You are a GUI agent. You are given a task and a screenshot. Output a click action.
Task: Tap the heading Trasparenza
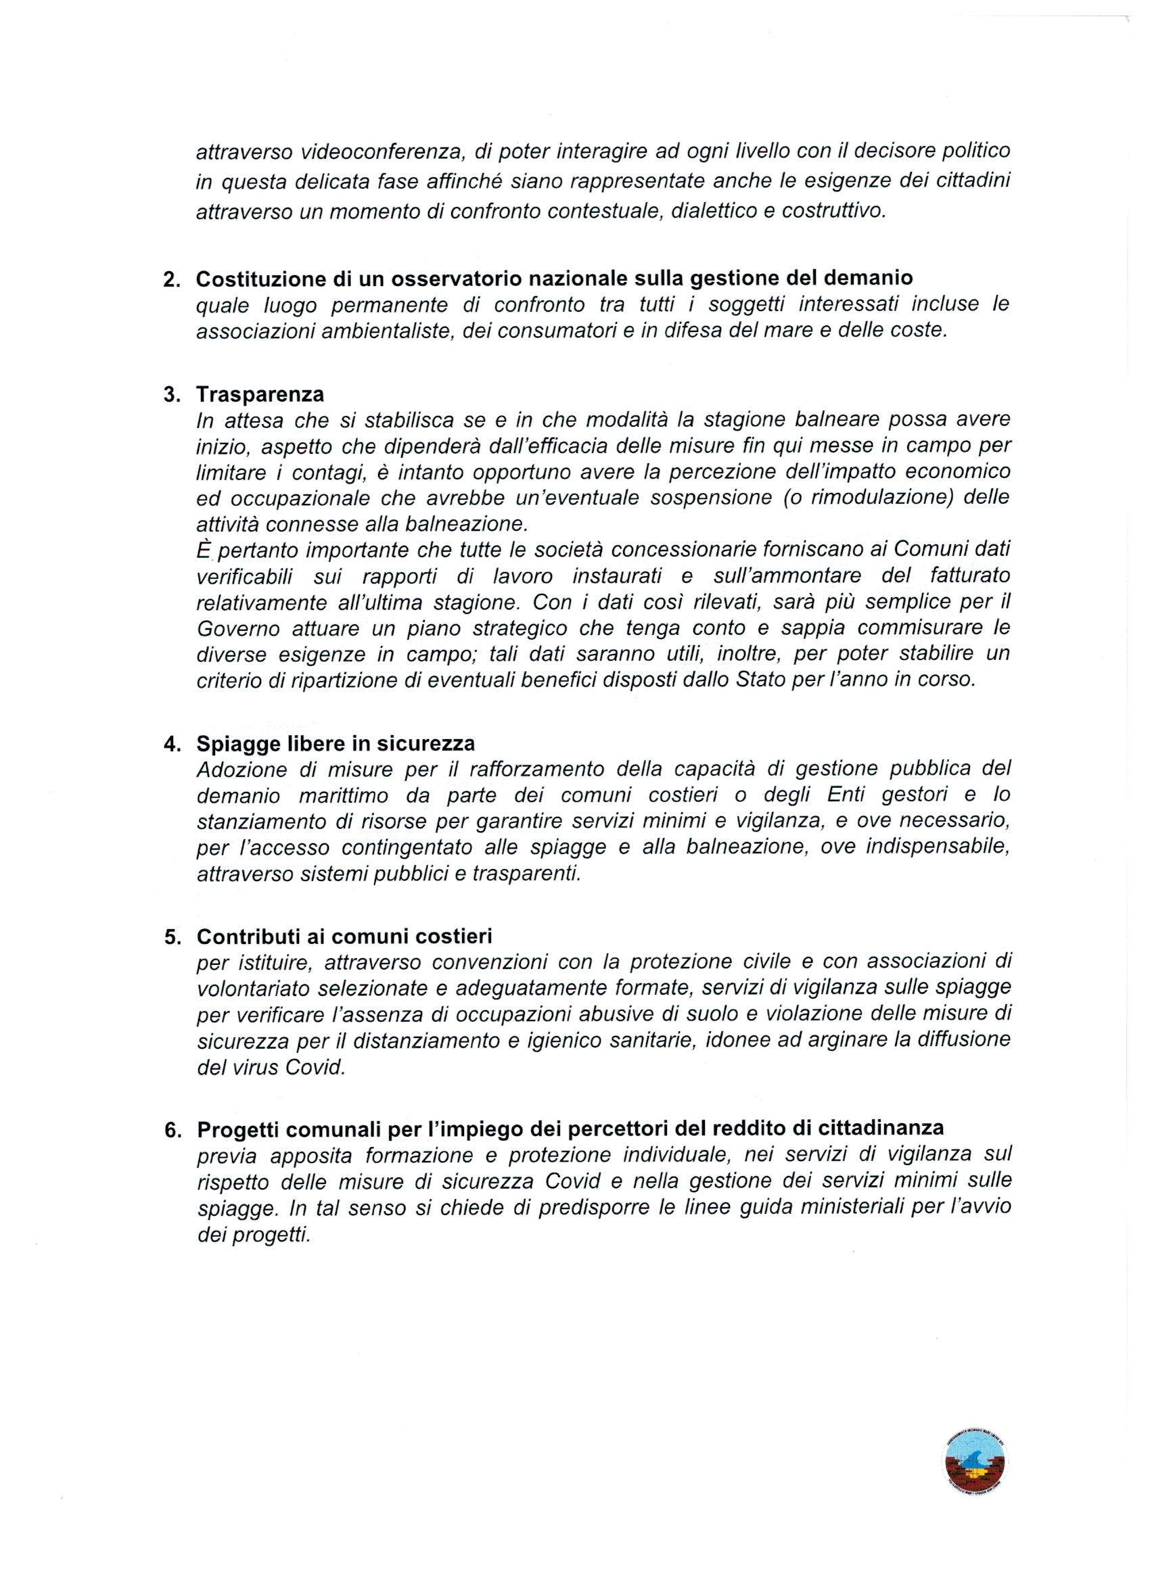pos(260,394)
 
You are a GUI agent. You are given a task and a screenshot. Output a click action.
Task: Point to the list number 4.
pos(171,744)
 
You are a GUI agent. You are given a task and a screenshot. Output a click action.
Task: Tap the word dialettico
pos(711,211)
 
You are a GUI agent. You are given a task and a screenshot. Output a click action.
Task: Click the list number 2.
pos(171,279)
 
